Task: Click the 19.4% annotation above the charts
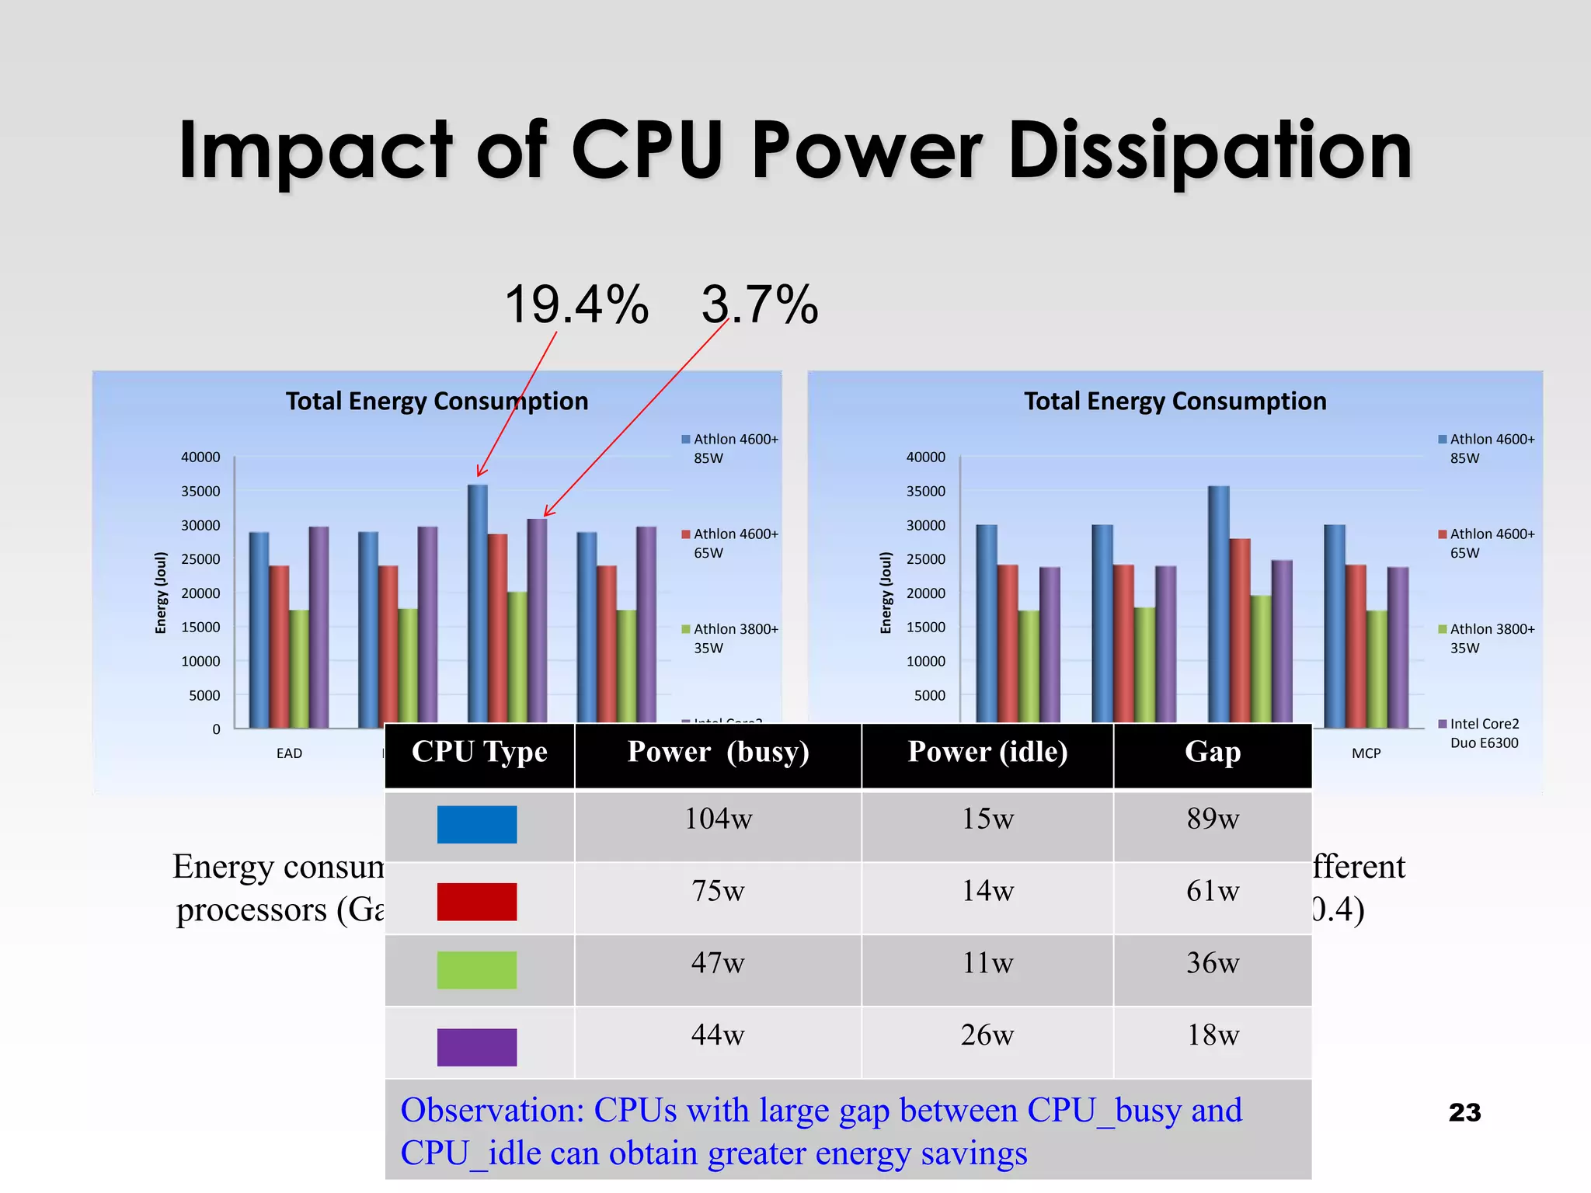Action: (x=576, y=304)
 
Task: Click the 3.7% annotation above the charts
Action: (x=759, y=304)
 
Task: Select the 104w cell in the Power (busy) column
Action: (x=718, y=819)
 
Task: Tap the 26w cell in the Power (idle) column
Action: (x=987, y=1035)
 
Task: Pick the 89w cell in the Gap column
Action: (x=1212, y=819)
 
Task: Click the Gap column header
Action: (x=1212, y=752)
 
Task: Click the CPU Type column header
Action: (x=479, y=752)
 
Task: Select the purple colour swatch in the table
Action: (x=477, y=1047)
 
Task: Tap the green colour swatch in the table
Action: (x=477, y=970)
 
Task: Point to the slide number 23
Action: (x=1464, y=1112)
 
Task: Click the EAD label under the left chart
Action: (x=289, y=753)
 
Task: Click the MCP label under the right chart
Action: (x=1366, y=753)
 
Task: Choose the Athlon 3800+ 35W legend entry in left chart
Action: (x=733, y=638)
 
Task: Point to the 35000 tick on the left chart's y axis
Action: (x=200, y=491)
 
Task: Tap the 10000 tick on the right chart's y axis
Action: (x=925, y=661)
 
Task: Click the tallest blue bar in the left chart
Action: (x=478, y=606)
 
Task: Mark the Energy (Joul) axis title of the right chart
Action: (x=886, y=593)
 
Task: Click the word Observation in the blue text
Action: (x=492, y=1111)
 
